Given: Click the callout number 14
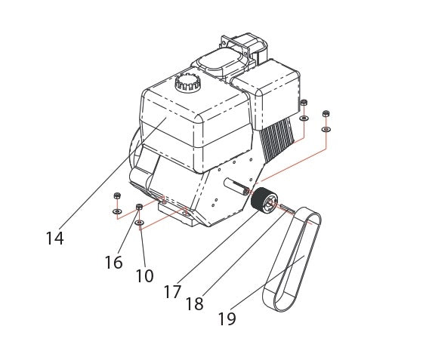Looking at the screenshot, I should coord(54,238).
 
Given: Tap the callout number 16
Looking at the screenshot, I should coord(113,262).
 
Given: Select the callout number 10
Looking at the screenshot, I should coord(144,275).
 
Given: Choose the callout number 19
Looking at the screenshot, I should coord(226,318).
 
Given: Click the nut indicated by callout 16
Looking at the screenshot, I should coord(140,208).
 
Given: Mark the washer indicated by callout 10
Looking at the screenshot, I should coord(140,223).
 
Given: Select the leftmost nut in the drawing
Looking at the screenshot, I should coord(116,197).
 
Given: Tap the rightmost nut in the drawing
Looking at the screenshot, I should coord(326,114).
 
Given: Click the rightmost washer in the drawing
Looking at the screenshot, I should coord(326,129).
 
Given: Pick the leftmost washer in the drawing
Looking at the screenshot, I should coord(116,211).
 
